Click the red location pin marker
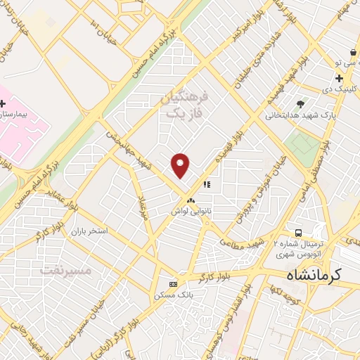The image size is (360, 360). tap(181, 165)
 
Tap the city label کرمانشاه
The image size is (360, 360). tap(314, 275)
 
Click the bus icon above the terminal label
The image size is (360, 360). tap(299, 233)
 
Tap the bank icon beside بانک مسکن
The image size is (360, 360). tap(173, 283)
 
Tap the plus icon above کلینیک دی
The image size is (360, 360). tap(340, 78)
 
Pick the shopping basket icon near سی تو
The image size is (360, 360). tap(352, 53)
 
